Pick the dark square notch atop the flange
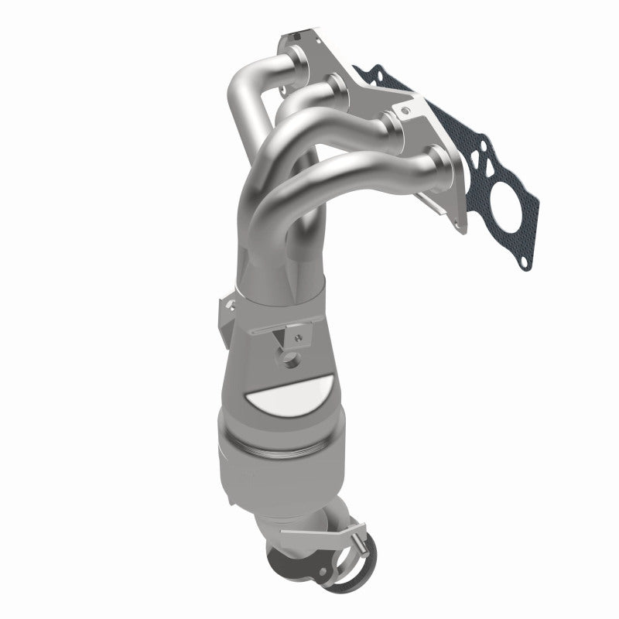[x=294, y=34]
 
